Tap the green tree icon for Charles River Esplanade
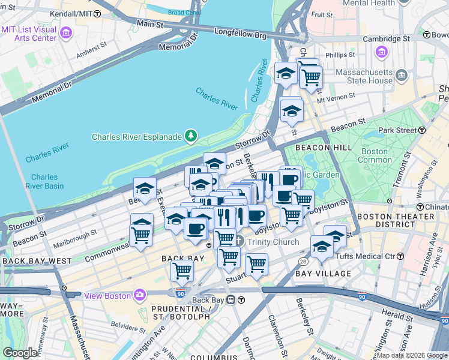click(191, 136)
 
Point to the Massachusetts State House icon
click(402, 76)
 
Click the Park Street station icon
click(423, 130)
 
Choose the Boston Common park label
click(373, 156)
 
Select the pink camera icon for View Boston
click(140, 295)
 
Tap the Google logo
click(20, 353)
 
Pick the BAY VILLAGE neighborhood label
click(323, 274)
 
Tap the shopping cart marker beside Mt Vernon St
click(310, 77)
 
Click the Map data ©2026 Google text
click(411, 355)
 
